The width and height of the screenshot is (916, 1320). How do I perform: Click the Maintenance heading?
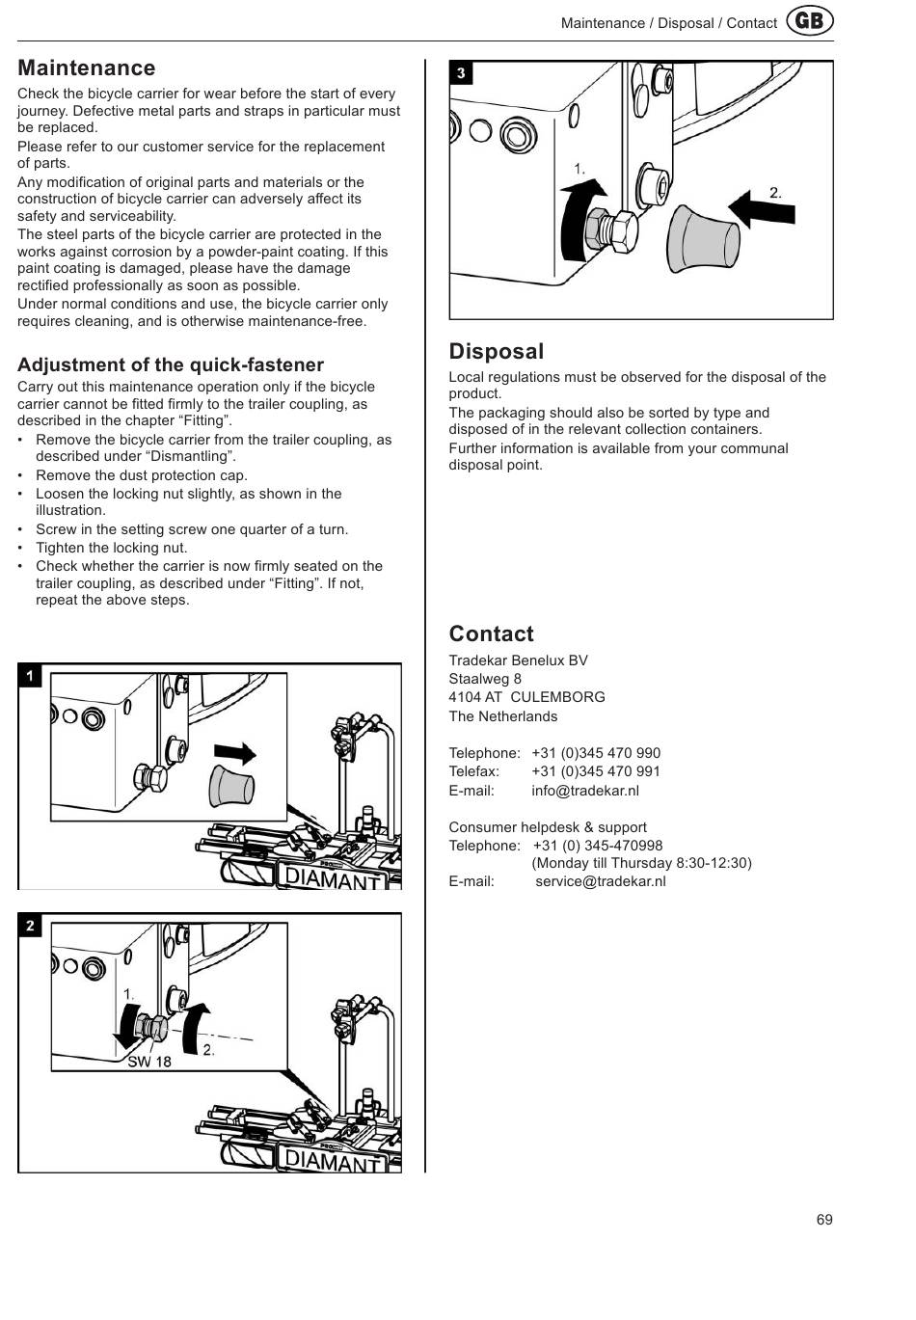(86, 67)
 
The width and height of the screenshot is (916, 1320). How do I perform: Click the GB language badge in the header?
(810, 21)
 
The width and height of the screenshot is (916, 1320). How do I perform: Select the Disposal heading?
(496, 351)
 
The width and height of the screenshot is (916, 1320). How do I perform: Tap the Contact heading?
(491, 633)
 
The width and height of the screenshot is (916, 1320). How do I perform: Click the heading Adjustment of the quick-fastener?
(171, 364)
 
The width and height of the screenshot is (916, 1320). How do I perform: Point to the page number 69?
(824, 1220)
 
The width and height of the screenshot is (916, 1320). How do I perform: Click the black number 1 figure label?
(30, 676)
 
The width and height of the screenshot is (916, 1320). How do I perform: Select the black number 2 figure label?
(30, 926)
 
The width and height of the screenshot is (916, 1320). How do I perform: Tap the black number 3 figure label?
(461, 73)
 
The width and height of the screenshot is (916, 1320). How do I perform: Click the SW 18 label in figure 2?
(149, 1062)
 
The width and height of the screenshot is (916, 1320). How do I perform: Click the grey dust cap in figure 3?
(702, 237)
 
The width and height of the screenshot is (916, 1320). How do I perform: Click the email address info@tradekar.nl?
(584, 791)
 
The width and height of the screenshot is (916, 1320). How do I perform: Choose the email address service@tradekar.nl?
(600, 881)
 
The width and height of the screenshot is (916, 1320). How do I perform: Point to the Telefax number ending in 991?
(595, 771)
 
